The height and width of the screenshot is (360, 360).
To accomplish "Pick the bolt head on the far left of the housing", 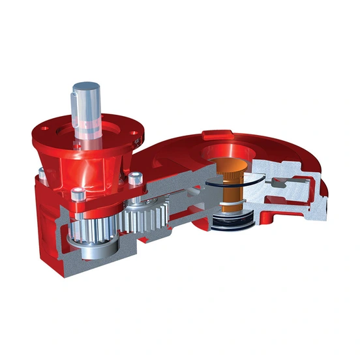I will coord(42,173).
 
